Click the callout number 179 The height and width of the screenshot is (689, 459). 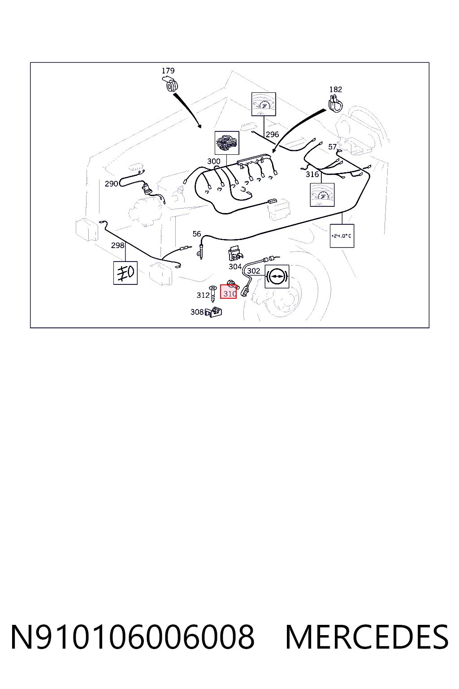168,71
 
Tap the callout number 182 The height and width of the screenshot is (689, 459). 335,90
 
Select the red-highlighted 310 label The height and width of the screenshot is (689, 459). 229,292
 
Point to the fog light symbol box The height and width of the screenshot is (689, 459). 126,273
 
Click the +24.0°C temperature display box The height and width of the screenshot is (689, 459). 342,236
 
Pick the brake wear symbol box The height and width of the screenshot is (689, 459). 277,276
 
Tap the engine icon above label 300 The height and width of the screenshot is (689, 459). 227,143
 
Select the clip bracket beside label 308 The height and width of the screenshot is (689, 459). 213,312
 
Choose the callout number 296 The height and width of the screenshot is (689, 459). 272,135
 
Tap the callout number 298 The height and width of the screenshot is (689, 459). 117,245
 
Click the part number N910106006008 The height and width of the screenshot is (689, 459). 133,637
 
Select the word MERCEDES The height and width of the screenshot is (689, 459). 367,637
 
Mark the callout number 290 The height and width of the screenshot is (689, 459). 111,184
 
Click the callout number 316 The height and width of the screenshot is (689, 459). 312,174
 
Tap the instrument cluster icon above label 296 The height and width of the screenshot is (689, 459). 264,104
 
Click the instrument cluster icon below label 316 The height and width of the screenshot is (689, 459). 322,195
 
